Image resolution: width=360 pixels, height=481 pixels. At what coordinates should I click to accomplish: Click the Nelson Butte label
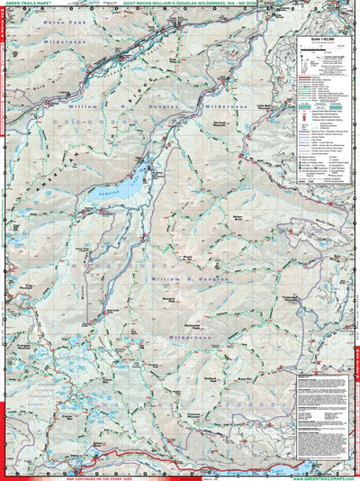click(238, 217)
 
